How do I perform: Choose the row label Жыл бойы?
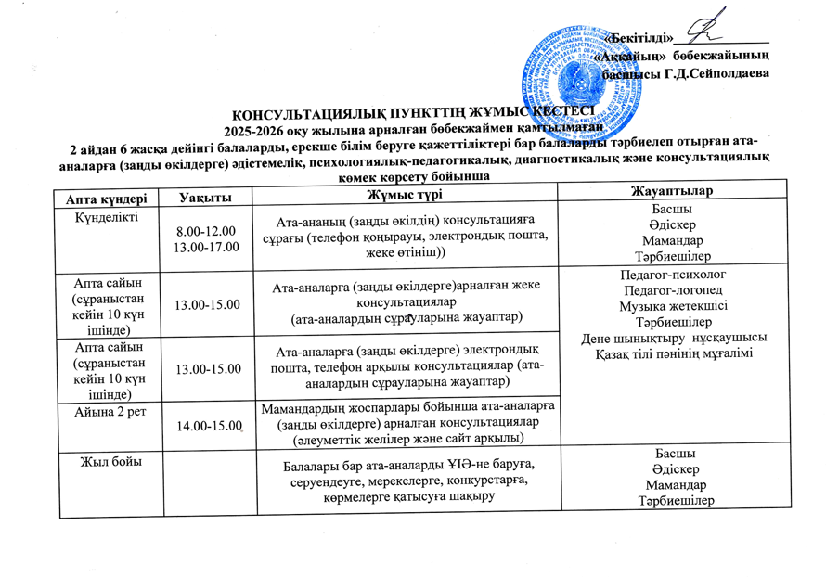click(x=101, y=461)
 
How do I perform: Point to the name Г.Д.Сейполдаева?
click(x=716, y=73)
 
